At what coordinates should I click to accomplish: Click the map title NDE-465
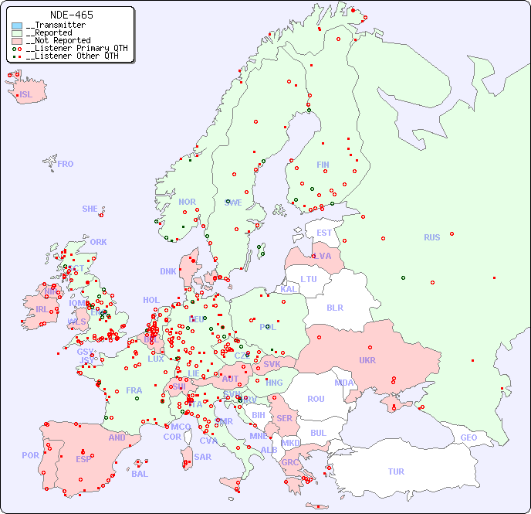71,15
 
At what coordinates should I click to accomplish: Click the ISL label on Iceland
25,95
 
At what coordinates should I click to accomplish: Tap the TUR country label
396,471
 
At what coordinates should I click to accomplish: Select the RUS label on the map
431,237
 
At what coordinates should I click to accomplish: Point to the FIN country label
323,165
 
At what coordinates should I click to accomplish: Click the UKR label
367,360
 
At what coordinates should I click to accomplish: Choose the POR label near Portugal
30,455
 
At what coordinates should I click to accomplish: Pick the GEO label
468,437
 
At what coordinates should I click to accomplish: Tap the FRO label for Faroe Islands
66,164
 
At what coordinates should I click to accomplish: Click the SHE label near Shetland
90,209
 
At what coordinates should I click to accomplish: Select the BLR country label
335,307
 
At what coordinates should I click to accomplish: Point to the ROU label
316,399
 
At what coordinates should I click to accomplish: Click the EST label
324,233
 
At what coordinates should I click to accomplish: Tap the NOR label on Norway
187,202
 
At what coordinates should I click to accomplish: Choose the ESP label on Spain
83,458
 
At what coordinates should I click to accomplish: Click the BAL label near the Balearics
139,474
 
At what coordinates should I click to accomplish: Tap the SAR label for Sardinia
202,457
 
